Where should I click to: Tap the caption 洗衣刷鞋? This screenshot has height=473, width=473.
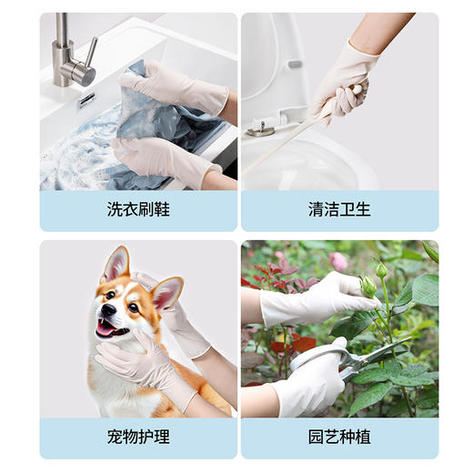point(138,210)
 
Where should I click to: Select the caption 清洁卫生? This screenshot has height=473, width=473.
point(339,210)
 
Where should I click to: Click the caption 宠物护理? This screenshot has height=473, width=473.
point(138,438)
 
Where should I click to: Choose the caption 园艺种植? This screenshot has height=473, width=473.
point(339,438)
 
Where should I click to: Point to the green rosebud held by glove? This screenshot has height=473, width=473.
point(368,286)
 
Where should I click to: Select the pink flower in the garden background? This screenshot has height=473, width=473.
point(338,261)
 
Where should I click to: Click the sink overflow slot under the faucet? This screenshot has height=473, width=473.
point(86,100)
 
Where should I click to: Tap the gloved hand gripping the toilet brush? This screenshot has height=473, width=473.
point(339,91)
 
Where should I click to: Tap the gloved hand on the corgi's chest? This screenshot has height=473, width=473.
point(136,359)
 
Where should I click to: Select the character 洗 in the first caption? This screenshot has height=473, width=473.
point(114,210)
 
